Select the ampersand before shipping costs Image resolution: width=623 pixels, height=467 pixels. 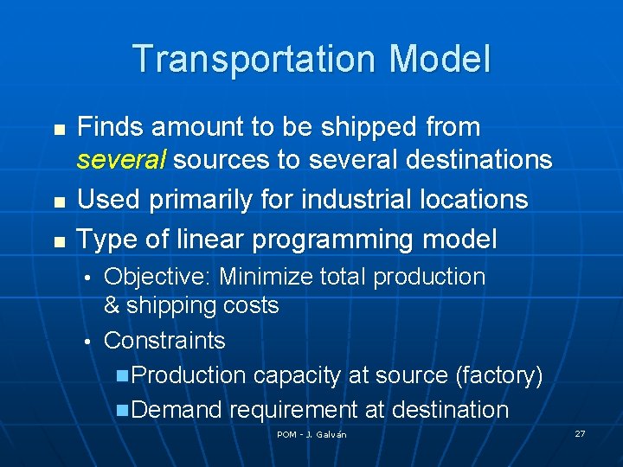112,305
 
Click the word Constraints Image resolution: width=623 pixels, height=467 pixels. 164,341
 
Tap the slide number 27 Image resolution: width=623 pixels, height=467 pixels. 580,432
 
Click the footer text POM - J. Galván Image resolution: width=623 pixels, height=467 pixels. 311,434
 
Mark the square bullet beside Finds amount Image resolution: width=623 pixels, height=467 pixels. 59,129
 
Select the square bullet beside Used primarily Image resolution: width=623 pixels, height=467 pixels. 59,201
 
